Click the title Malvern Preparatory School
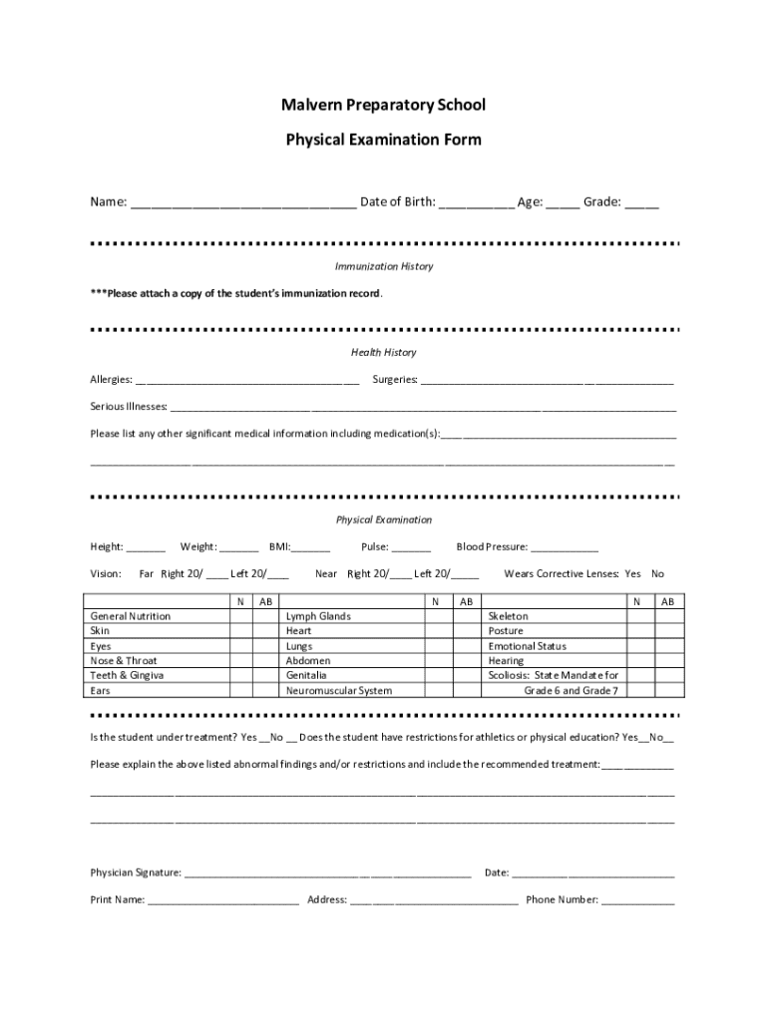[x=384, y=105]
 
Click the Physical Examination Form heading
[x=384, y=140]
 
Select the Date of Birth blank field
[x=476, y=204]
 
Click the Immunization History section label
[x=384, y=267]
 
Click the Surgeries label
[x=395, y=380]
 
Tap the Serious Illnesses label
[x=129, y=407]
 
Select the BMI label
[x=280, y=546]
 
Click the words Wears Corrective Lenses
[x=562, y=574]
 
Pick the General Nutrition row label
[x=131, y=616]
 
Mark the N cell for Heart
[x=435, y=631]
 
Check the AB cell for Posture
[x=668, y=631]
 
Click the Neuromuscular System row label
[x=339, y=691]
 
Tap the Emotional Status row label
[x=527, y=646]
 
